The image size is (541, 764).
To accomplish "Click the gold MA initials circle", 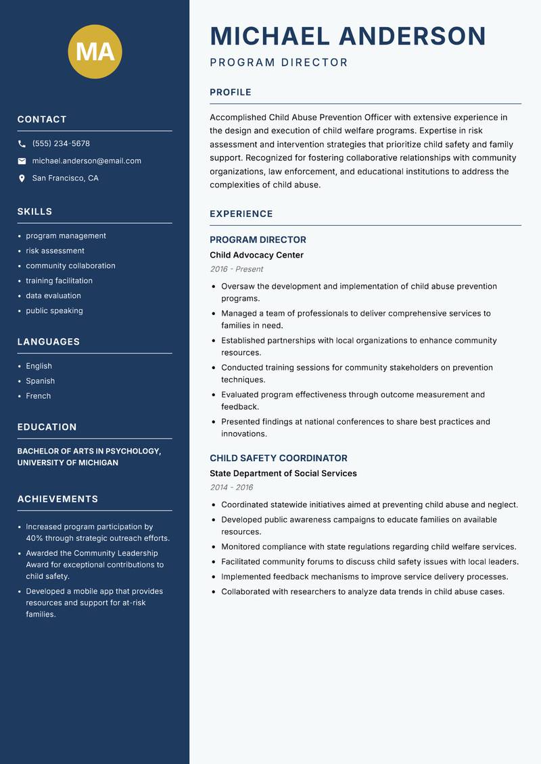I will pos(95,51).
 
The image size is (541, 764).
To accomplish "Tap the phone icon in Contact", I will pos(22,144).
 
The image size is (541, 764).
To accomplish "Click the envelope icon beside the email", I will pos(22,161).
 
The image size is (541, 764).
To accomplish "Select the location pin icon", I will pos(22,178).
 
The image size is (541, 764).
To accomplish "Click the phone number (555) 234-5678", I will pos(61,144).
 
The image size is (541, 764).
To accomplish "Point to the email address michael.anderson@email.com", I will pos(87,161).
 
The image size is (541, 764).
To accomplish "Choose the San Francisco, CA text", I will pos(65,178).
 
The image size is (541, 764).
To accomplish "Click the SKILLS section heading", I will pos(34,212).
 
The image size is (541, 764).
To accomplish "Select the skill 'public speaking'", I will pos(54,311).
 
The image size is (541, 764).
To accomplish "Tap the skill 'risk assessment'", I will pos(55,251).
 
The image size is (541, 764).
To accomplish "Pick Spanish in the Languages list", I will pos(40,381).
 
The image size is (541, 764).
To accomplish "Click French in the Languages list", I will pos(38,396).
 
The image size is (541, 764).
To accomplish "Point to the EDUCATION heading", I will pos(47,427).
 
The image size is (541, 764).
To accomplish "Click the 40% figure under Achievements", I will pos(34,538).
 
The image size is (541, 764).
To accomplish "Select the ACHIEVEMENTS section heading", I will pos(57,499).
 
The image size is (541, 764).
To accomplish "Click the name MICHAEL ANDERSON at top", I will pos(348,36).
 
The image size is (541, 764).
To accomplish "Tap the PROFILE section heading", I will pos(230,93).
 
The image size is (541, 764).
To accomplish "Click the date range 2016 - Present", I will pos(236,269).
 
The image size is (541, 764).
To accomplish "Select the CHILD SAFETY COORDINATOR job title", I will pos(278,458).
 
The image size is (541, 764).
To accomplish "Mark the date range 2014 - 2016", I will pos(231,487).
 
